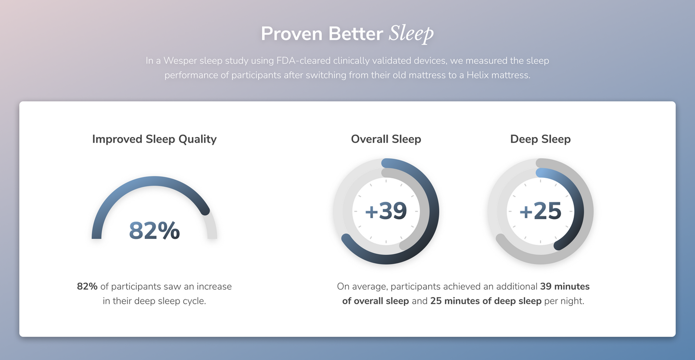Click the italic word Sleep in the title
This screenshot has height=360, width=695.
pyautogui.click(x=411, y=34)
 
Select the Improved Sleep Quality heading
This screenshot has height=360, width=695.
pyautogui.click(x=154, y=139)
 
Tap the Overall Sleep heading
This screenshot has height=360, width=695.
pyautogui.click(x=386, y=139)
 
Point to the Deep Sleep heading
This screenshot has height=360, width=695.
pyautogui.click(x=540, y=139)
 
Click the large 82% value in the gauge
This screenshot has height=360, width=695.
pyautogui.click(x=154, y=231)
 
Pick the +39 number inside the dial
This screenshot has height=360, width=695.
pyautogui.click(x=386, y=211)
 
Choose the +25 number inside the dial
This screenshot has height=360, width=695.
pyautogui.click(x=540, y=211)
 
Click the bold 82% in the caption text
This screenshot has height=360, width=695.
pyautogui.click(x=87, y=286)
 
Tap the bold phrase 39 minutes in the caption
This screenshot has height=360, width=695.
pyautogui.click(x=565, y=286)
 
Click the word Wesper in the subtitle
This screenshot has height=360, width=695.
pyautogui.click(x=180, y=61)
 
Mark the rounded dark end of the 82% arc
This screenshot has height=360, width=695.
pyautogui.click(x=205, y=210)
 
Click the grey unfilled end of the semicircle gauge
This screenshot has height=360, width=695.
pyautogui.click(x=212, y=233)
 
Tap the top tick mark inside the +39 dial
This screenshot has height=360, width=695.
pyautogui.click(x=386, y=181)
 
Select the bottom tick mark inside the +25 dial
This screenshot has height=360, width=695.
pyautogui.click(x=540, y=241)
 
